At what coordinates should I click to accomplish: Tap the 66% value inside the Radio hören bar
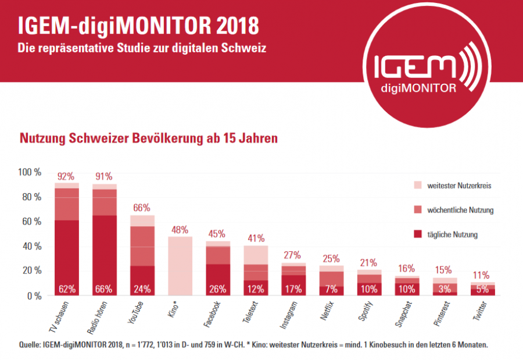click(105, 289)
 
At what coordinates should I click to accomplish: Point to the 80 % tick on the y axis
click(31, 197)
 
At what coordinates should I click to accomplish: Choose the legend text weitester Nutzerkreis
click(461, 186)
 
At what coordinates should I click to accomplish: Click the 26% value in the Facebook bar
click(217, 289)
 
